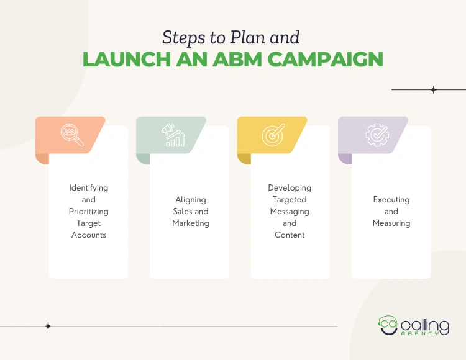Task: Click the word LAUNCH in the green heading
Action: point(122,60)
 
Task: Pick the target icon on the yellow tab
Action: point(273,135)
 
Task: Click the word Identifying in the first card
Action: point(89,187)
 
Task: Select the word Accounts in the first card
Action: point(89,235)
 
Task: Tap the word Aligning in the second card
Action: point(191,199)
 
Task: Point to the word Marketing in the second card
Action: point(191,223)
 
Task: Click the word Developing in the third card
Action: point(290,187)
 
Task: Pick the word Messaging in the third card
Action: point(290,211)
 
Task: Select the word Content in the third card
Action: point(290,235)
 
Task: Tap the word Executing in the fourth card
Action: point(391,199)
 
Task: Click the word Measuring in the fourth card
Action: point(391,223)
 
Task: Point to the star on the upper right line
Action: point(434,90)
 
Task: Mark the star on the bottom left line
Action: point(48,326)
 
